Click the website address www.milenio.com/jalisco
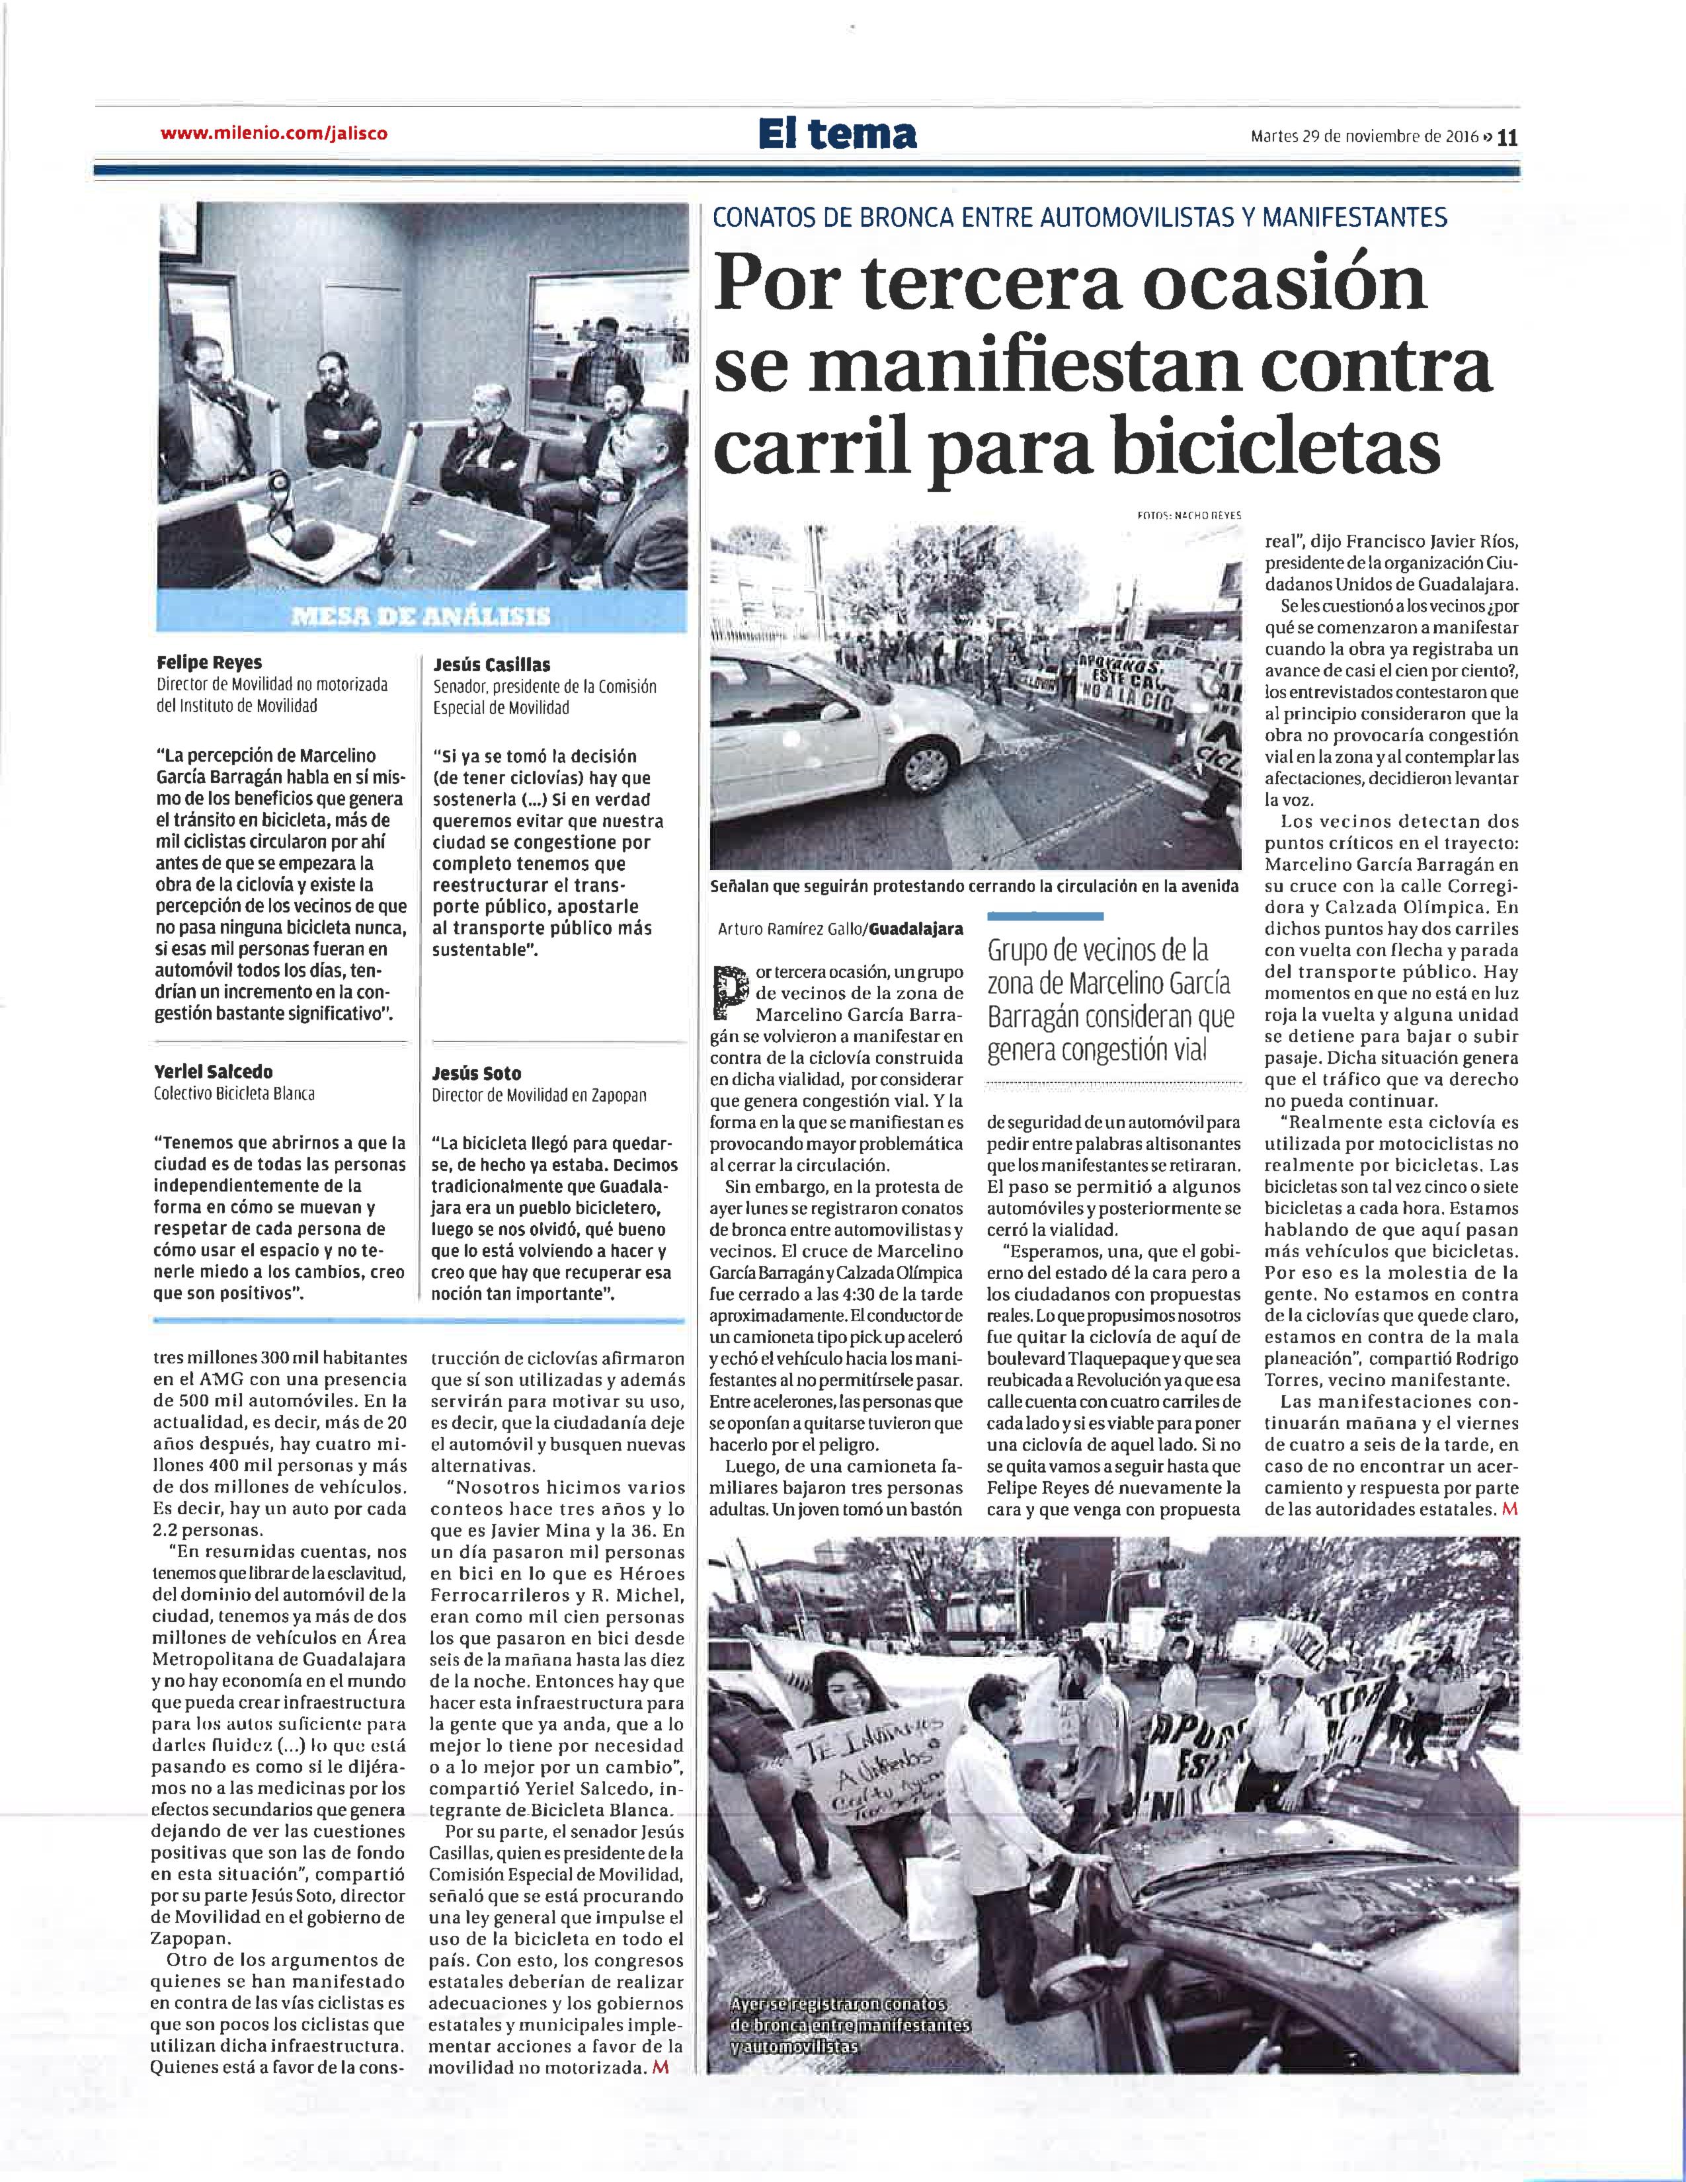click(x=272, y=133)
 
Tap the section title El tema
click(x=837, y=133)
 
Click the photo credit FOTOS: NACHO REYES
click(x=1189, y=514)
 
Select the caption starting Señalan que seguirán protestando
click(x=974, y=886)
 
